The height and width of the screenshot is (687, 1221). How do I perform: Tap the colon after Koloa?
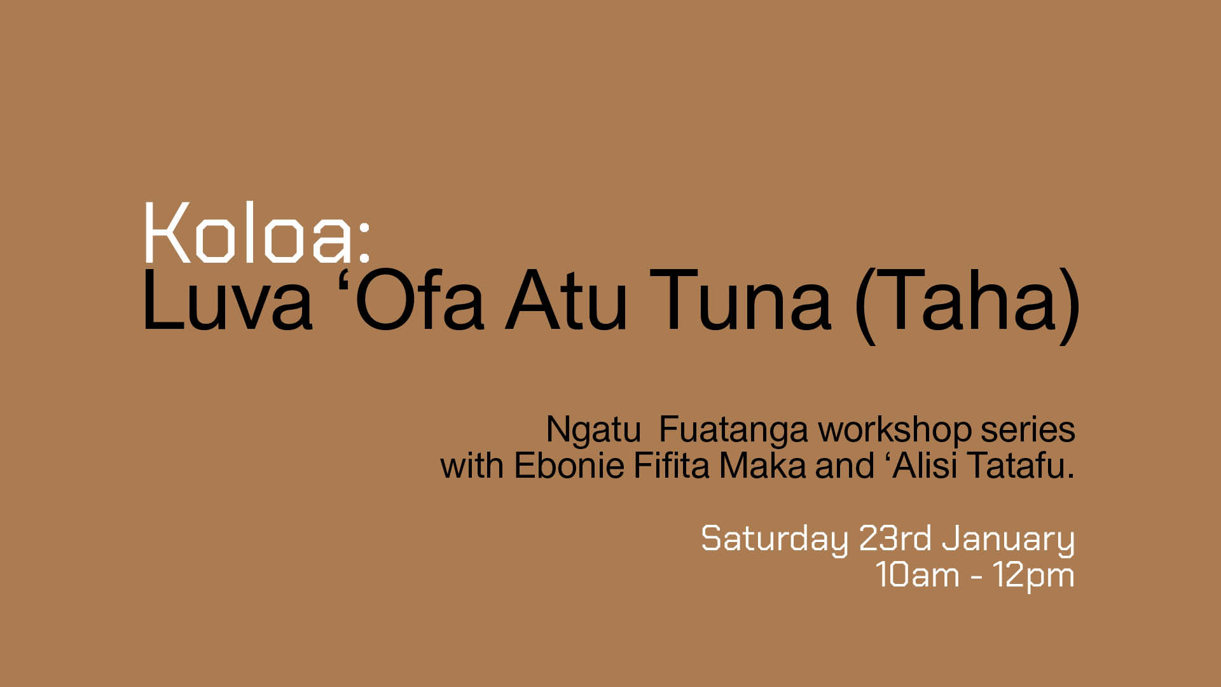pos(364,241)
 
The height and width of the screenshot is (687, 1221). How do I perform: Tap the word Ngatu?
pos(593,431)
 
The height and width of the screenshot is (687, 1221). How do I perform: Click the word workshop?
pos(895,431)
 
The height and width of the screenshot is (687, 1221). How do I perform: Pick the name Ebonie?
pos(569,465)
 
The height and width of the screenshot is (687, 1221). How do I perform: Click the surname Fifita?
pos(672,465)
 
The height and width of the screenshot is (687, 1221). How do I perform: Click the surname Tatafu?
pos(1020,465)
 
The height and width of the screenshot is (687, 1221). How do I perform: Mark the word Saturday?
pos(775,540)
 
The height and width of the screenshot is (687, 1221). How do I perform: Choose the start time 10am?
pos(917,575)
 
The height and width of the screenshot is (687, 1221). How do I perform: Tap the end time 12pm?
pos(1034,576)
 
